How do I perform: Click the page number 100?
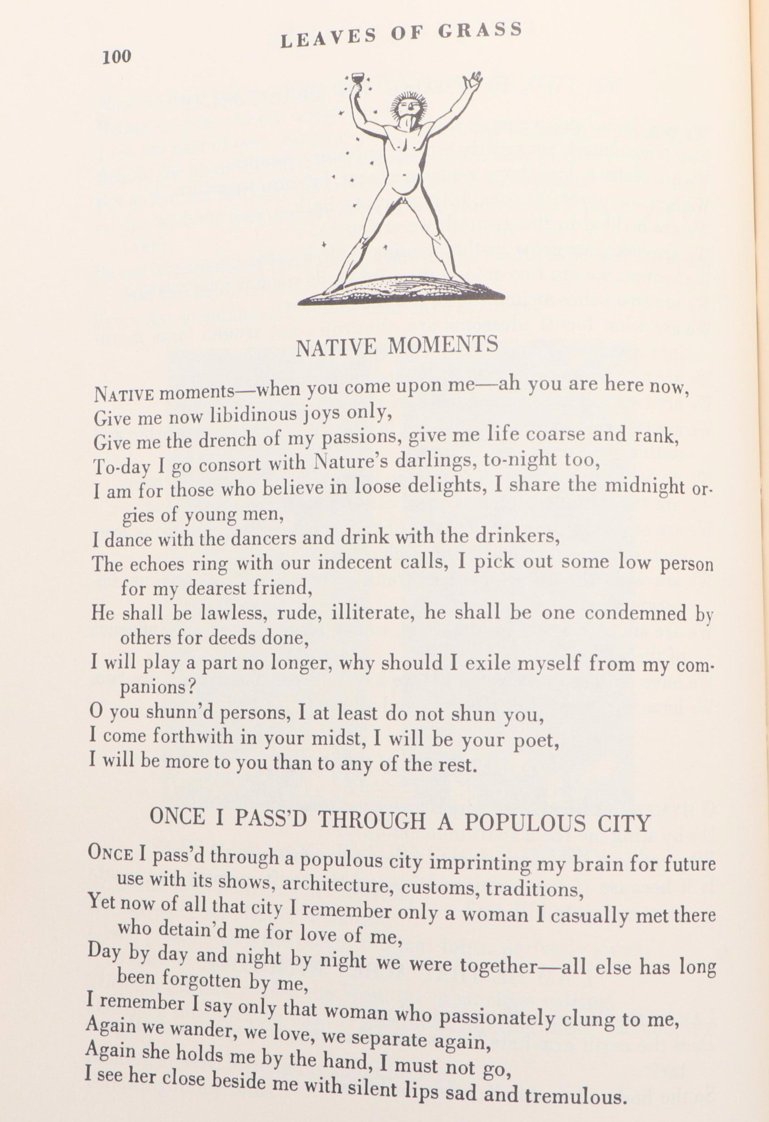(116, 57)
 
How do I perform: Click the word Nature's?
(349, 462)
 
